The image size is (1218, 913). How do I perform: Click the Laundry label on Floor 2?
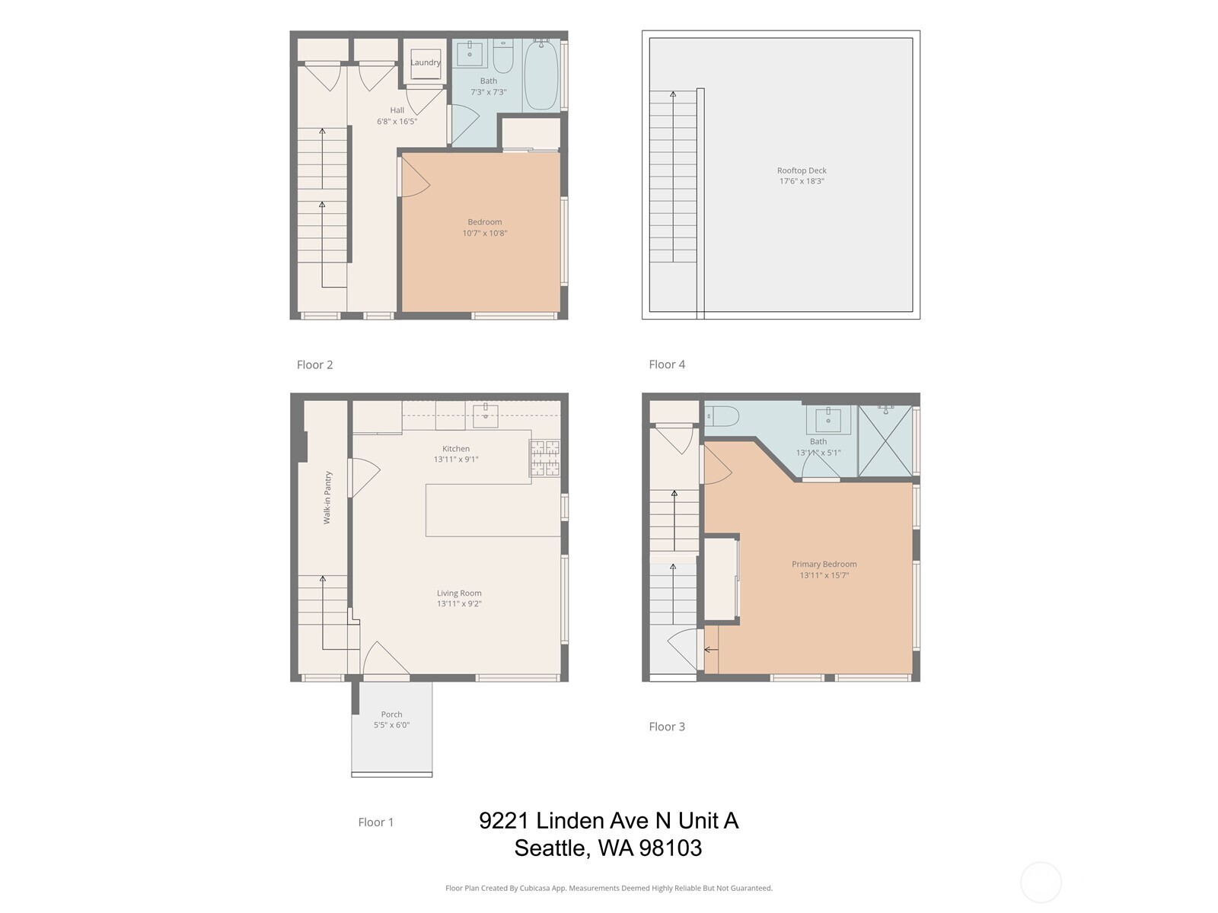[x=426, y=62]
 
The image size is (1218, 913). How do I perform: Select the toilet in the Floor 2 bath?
[x=503, y=56]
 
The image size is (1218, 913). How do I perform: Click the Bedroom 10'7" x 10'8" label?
[x=485, y=227]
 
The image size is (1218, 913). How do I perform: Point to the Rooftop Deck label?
[x=802, y=176]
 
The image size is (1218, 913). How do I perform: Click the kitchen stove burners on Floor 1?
[x=545, y=458]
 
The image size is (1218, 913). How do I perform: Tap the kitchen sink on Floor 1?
[x=486, y=412]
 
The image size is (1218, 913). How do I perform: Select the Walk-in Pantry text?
[x=327, y=498]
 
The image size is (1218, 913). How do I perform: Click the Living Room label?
[x=459, y=598]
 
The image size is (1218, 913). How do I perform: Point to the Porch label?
[x=391, y=719]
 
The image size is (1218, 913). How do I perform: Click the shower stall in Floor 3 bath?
[x=885, y=441]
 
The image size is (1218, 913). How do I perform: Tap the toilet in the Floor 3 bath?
[x=722, y=415]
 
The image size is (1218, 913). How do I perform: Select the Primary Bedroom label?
[x=824, y=569]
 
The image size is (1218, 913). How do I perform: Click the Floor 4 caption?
[x=667, y=364]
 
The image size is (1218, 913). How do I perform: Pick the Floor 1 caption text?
[x=376, y=822]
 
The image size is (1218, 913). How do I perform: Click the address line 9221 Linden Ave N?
[x=608, y=820]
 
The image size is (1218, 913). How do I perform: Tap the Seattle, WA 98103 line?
[x=607, y=848]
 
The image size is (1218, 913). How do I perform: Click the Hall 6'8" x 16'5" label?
[x=397, y=116]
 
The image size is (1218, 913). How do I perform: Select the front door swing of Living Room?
[x=384, y=660]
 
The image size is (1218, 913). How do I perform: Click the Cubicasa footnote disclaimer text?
[x=608, y=888]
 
